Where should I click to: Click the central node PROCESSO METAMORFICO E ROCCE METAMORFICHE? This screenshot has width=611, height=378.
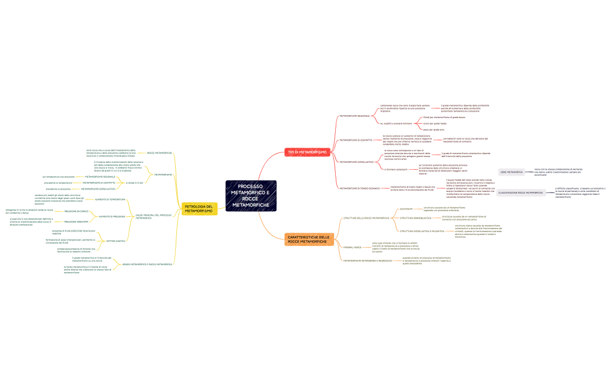(x=251, y=196)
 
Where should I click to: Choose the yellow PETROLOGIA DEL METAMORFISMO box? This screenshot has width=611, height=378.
(x=199, y=208)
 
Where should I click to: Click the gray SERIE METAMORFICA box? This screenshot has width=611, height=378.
(x=512, y=172)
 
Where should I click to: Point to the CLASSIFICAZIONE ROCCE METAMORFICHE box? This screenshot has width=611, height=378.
(x=521, y=192)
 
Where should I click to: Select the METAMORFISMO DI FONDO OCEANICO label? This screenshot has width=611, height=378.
(x=360, y=188)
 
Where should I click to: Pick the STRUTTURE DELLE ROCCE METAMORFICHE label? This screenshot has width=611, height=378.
(x=366, y=217)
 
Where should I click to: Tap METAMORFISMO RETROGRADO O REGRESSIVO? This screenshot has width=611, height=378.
(x=367, y=260)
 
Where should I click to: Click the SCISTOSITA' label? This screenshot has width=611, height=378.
(x=406, y=208)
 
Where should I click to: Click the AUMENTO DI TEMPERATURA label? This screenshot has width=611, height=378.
(x=110, y=199)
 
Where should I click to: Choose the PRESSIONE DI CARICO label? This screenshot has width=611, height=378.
(x=76, y=211)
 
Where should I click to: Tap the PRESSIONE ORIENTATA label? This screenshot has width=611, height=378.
(x=76, y=222)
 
